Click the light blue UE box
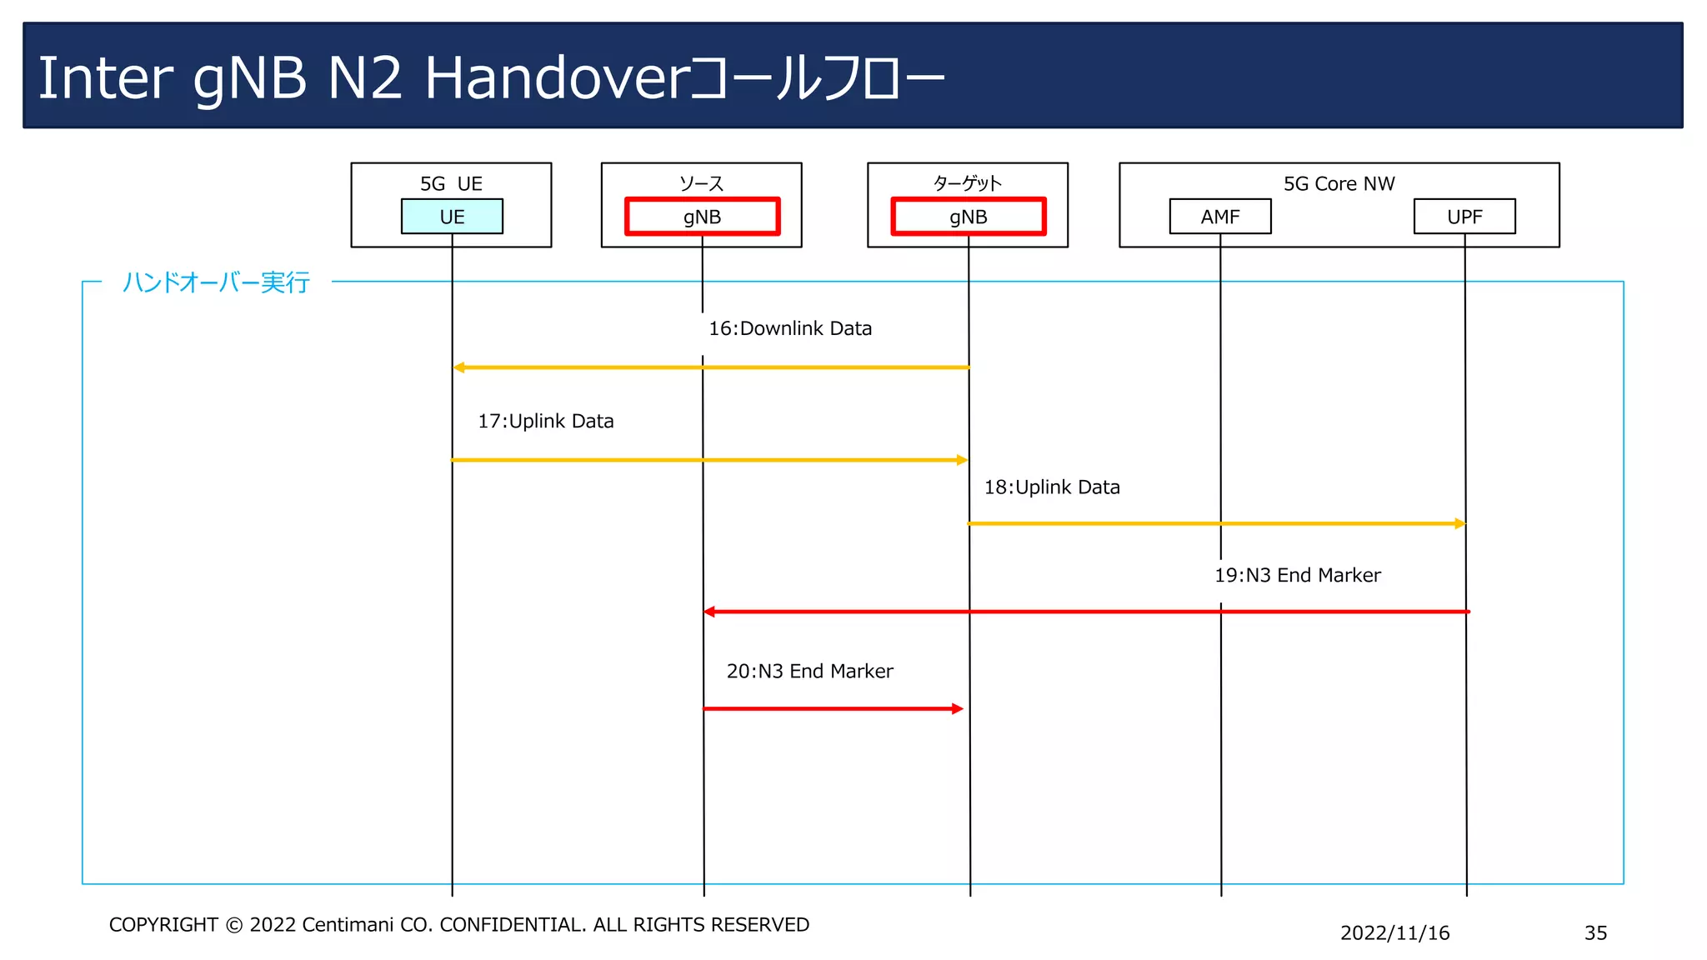click(x=452, y=217)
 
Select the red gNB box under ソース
click(x=702, y=217)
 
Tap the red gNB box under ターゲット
click(x=968, y=217)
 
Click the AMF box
click(x=1220, y=217)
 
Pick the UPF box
click(x=1464, y=217)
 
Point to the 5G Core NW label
click(x=1339, y=183)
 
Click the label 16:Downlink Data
click(x=789, y=328)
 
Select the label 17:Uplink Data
click(x=545, y=421)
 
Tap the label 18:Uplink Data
click(x=1051, y=487)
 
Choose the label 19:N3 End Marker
click(x=1297, y=575)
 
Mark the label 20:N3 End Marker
click(x=809, y=671)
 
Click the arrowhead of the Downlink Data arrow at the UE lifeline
click(x=458, y=367)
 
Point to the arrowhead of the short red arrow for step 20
click(x=958, y=709)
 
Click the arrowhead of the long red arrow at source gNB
click(x=709, y=612)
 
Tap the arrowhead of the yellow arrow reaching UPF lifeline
click(x=1459, y=523)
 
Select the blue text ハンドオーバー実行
click(x=216, y=282)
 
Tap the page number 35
click(x=1595, y=933)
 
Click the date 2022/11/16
click(x=1394, y=933)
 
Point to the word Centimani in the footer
click(x=347, y=925)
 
